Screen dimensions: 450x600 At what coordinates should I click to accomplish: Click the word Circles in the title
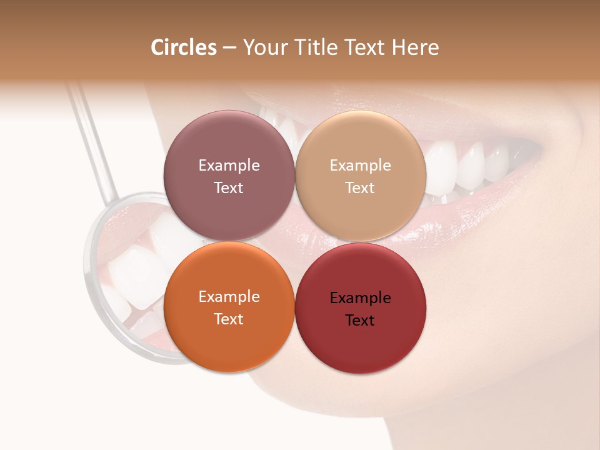[184, 47]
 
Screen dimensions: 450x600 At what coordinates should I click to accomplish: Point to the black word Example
[361, 298]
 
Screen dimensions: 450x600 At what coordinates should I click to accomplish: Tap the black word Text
[360, 321]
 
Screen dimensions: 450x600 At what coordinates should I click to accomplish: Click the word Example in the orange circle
[229, 297]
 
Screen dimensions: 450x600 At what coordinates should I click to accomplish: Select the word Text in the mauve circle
[229, 188]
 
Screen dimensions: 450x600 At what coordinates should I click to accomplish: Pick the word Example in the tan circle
[361, 166]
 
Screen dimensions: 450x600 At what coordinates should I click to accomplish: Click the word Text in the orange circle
[229, 319]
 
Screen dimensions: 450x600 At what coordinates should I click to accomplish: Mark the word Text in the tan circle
[360, 188]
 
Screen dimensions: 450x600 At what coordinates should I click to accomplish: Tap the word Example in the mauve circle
[229, 166]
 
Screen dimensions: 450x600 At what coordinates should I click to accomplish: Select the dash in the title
[229, 48]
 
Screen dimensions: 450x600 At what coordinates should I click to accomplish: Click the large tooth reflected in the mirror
[134, 275]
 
